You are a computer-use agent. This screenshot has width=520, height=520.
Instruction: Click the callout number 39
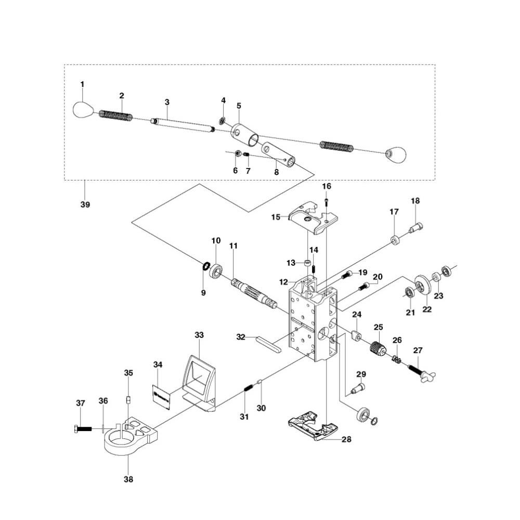coord(85,204)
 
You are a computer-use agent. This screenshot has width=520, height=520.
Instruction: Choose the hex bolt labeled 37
coord(83,429)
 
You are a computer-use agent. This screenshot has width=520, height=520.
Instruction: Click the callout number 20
coord(378,277)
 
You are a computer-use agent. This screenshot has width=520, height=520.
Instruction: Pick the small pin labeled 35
coord(128,400)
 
